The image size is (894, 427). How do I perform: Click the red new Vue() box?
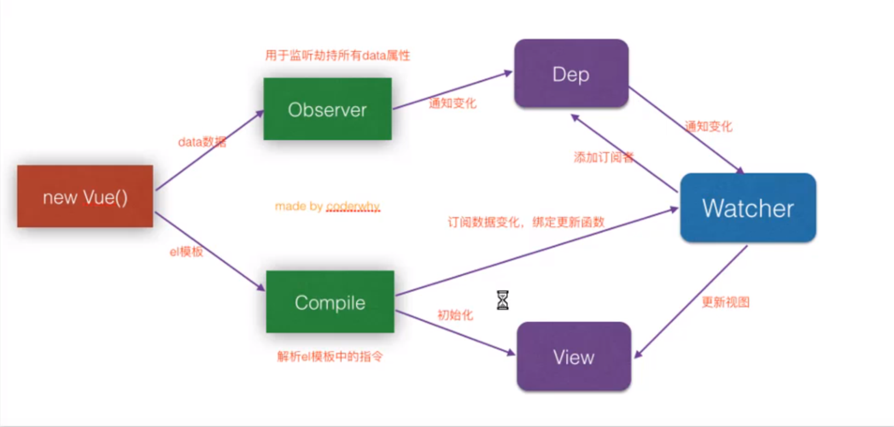coord(85,196)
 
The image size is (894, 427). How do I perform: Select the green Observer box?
coord(327,109)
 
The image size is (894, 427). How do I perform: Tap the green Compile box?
coord(330,302)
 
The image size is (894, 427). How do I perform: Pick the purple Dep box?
coord(570,74)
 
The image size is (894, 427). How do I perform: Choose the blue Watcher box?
coord(747,208)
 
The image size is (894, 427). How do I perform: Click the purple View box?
coord(573,356)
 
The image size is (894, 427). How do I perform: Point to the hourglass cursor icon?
coord(502,300)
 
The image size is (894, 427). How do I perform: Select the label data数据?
coord(202,142)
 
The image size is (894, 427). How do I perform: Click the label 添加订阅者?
coord(603,158)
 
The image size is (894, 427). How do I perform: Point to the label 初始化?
coord(455,315)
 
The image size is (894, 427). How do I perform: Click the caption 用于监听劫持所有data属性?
coord(338,56)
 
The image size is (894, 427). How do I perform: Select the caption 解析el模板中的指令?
coord(330,356)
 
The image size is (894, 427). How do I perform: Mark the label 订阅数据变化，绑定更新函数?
coord(526,222)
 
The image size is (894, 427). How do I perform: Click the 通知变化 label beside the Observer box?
coord(453,103)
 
